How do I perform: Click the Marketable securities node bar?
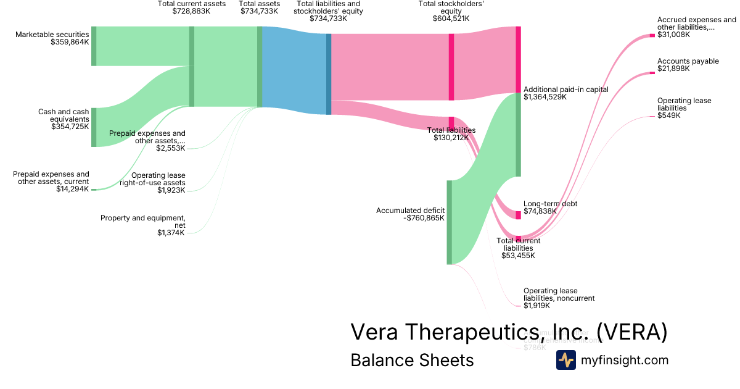click(94, 46)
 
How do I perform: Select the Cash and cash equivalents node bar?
click(94, 127)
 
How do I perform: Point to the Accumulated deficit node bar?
click(449, 222)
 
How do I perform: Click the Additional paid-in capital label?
click(565, 90)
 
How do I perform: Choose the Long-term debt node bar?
click(518, 215)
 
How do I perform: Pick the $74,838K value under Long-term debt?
click(540, 211)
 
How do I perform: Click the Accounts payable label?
click(688, 61)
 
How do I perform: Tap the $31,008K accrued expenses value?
click(673, 35)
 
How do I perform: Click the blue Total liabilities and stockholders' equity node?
click(329, 74)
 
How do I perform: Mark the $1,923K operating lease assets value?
click(170, 190)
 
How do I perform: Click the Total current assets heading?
click(191, 4)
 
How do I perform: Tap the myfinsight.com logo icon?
click(565, 360)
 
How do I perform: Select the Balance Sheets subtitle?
click(412, 360)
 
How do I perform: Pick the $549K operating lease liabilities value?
click(668, 115)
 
